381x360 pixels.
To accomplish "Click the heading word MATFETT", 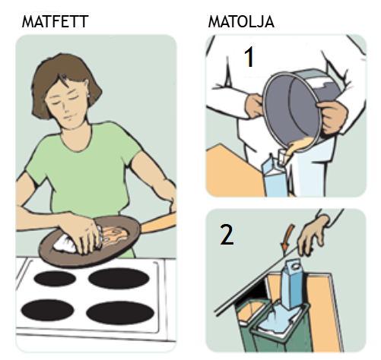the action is click(x=55, y=21).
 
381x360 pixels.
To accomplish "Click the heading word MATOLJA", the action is click(x=241, y=21).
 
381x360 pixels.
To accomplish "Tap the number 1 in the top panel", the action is click(x=249, y=57).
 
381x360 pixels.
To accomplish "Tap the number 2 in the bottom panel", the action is click(x=227, y=235).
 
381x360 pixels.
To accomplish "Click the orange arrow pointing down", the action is click(x=287, y=238).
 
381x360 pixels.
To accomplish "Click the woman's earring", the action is click(x=88, y=96).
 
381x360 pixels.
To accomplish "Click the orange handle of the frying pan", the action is click(x=157, y=224).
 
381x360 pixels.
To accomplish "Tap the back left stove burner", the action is click(x=55, y=279).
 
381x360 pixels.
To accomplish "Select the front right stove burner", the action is click(x=120, y=313).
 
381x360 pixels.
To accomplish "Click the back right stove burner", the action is click(x=119, y=279).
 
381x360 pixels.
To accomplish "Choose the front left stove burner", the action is click(x=47, y=311).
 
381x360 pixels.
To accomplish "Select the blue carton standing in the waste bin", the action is click(x=293, y=285).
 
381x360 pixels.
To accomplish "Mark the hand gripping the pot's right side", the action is click(x=332, y=117).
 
